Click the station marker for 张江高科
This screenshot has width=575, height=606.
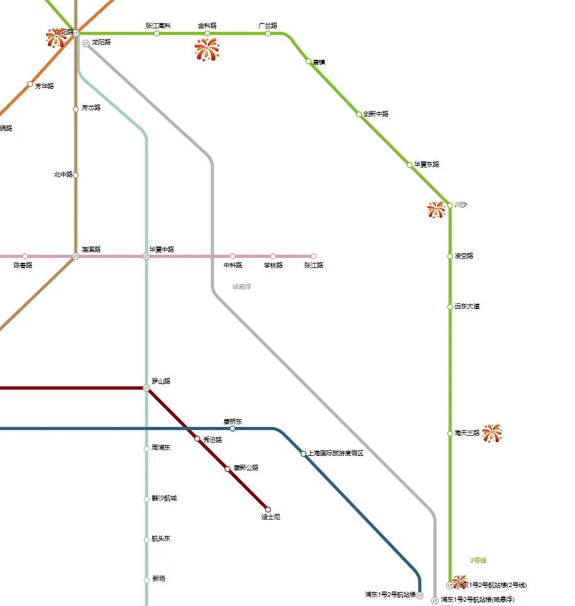point(157,33)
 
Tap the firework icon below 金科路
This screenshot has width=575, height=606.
point(207,50)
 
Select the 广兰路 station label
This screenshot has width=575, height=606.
point(268,26)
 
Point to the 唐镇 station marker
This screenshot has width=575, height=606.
point(309,61)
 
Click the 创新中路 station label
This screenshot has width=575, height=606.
point(376,114)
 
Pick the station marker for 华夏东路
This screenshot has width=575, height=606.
point(410,165)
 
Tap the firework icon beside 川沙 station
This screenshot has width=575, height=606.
point(436,209)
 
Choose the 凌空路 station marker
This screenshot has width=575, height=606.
point(450,256)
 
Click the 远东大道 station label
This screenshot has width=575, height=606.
point(467,306)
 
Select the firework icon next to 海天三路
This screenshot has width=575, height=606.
point(491,433)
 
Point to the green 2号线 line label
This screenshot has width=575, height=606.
point(478,560)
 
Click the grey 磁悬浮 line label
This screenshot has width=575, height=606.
point(242,287)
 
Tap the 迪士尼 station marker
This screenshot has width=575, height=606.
point(268,509)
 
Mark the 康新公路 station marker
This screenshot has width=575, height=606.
point(228,469)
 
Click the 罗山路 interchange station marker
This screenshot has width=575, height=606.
point(147,388)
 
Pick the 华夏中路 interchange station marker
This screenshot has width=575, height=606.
point(147,256)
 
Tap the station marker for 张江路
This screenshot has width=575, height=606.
point(313,256)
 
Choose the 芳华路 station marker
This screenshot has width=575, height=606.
point(30,84)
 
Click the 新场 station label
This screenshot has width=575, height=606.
point(159,579)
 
